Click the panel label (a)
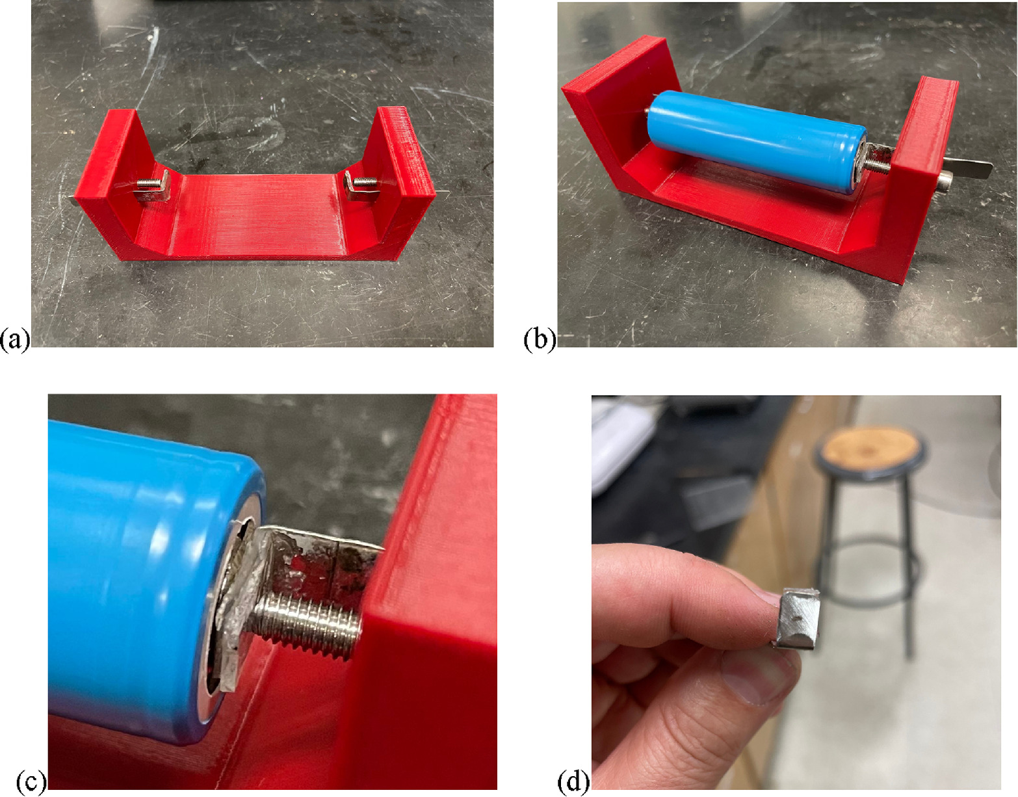15,340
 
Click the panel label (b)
540,340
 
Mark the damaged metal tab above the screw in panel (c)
319,559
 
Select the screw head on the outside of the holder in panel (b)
945,179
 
